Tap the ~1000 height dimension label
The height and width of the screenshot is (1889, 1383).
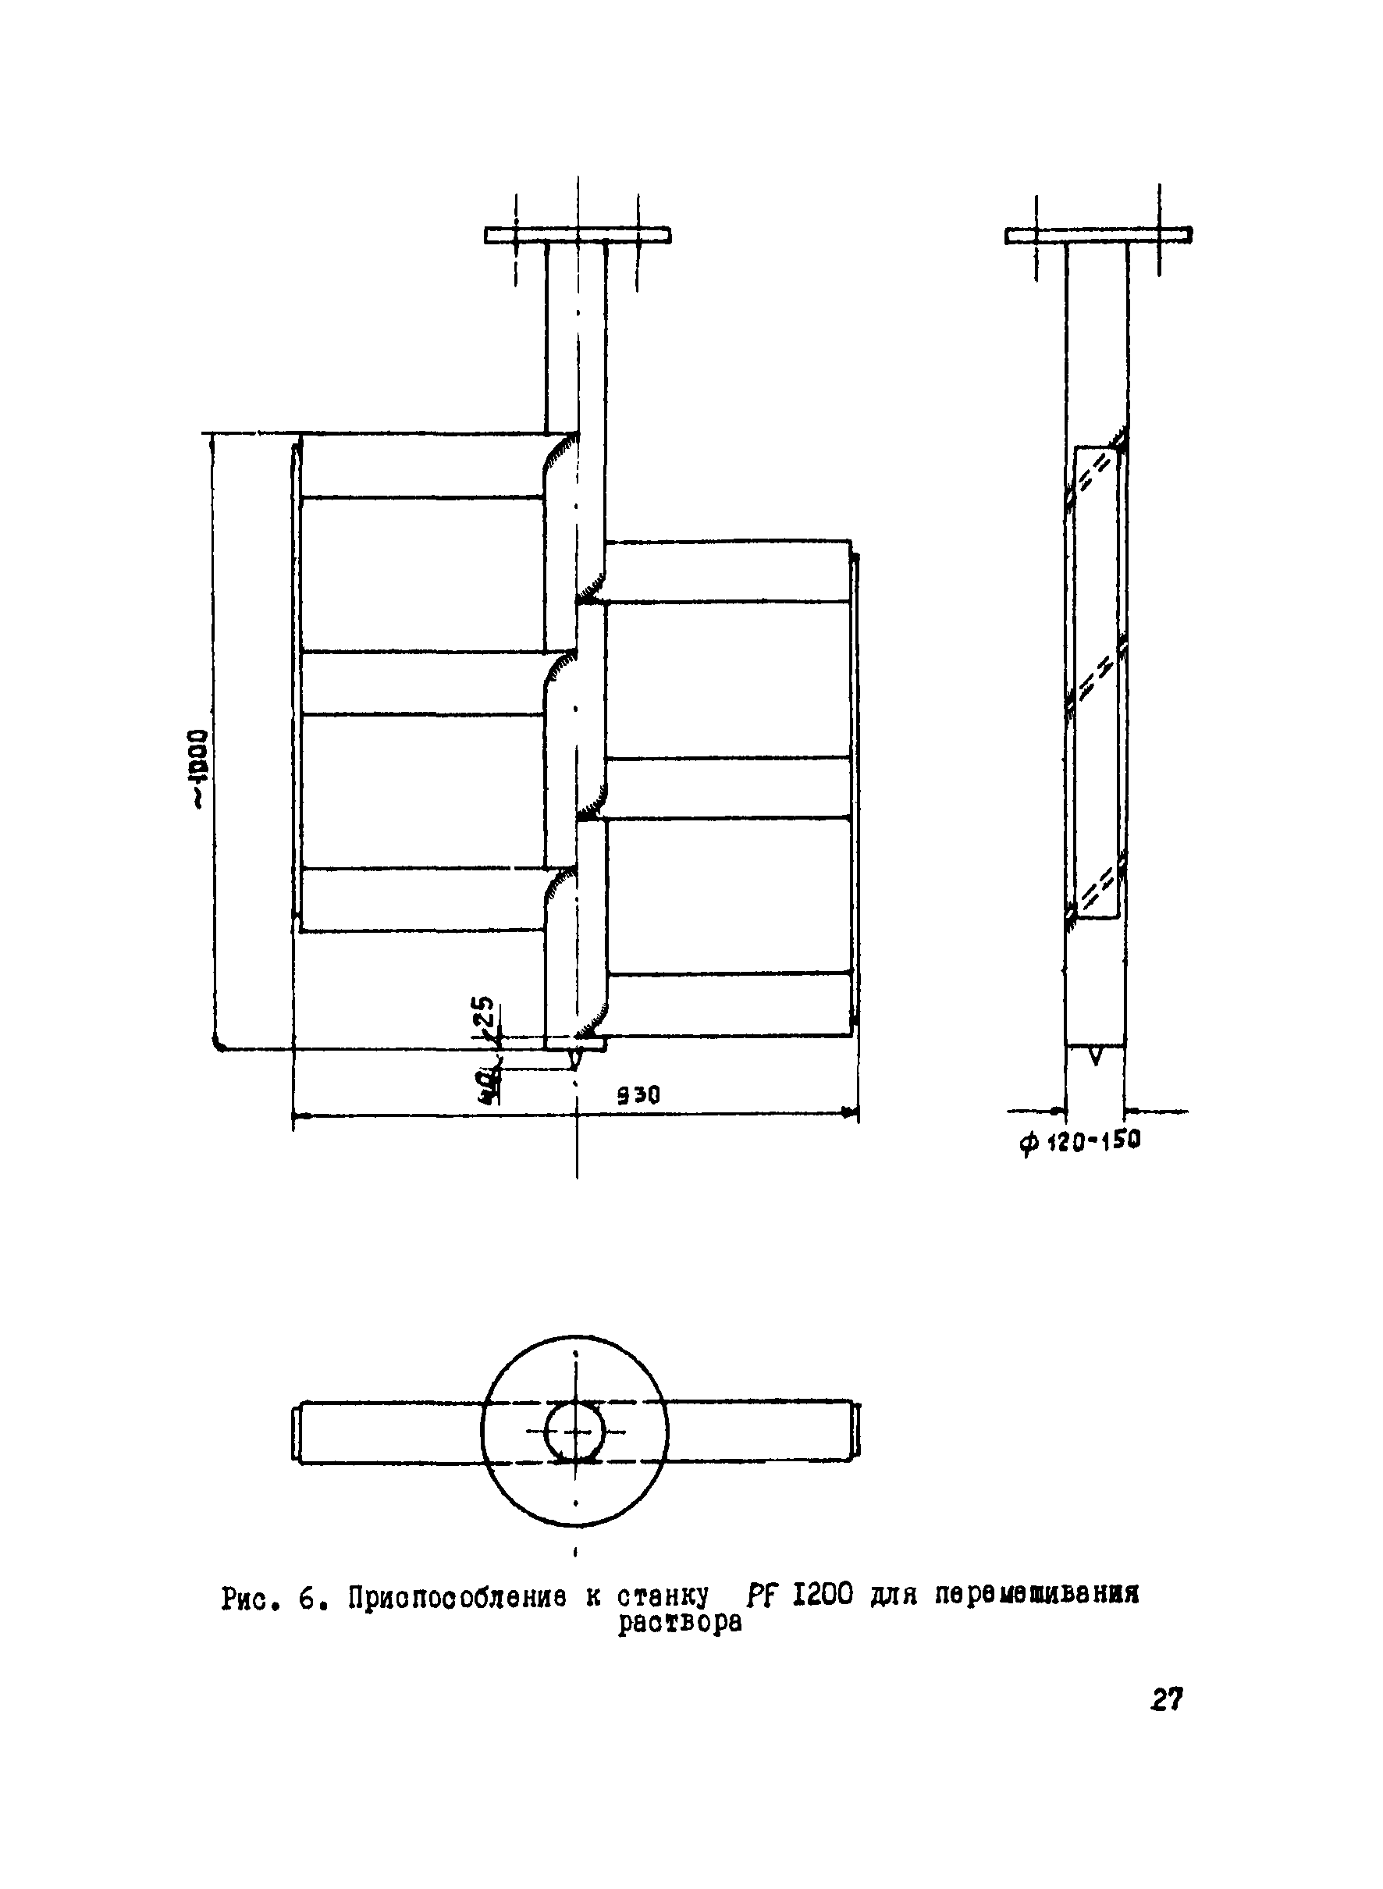198,768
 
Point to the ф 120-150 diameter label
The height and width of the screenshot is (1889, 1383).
1079,1140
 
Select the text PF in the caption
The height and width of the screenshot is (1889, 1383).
759,1597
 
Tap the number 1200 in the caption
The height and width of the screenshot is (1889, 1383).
821,1597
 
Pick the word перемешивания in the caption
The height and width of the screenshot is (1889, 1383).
1036,1597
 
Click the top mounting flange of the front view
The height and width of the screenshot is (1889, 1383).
578,235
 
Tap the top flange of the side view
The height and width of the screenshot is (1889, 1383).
1098,235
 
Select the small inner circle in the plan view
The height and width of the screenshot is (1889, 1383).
576,1432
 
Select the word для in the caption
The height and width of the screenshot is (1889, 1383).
894,1597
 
